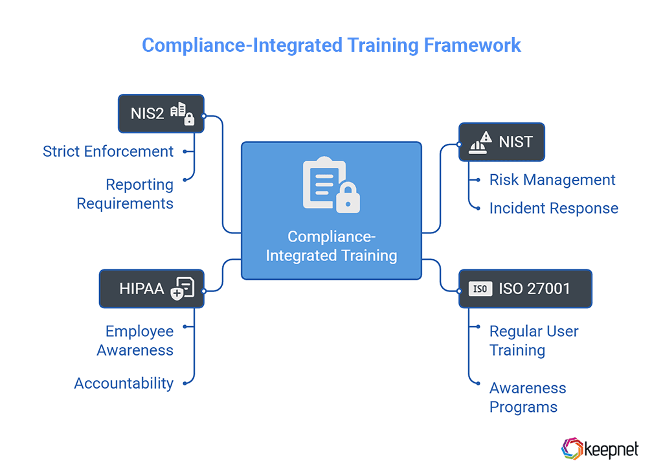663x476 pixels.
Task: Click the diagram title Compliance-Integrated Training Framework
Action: [x=331, y=45]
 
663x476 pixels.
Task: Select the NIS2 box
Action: [x=161, y=113]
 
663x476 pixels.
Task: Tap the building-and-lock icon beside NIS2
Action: [x=182, y=113]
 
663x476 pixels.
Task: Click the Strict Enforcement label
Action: [x=108, y=152]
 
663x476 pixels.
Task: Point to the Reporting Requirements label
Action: [x=125, y=194]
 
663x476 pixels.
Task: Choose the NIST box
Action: [x=501, y=142]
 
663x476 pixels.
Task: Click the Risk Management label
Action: [x=552, y=180]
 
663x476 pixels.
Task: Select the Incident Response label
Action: [x=554, y=208]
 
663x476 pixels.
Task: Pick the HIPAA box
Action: [x=151, y=288]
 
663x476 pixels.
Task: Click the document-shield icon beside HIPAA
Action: [x=182, y=289]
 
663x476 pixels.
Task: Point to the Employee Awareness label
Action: [x=135, y=341]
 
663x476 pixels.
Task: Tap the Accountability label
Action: [x=124, y=383]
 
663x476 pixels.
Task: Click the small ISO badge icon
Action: [x=480, y=289]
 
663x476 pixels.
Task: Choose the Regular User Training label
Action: [x=534, y=341]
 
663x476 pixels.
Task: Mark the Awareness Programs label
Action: [x=528, y=397]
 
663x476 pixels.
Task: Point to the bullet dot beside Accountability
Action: [x=185, y=383]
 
